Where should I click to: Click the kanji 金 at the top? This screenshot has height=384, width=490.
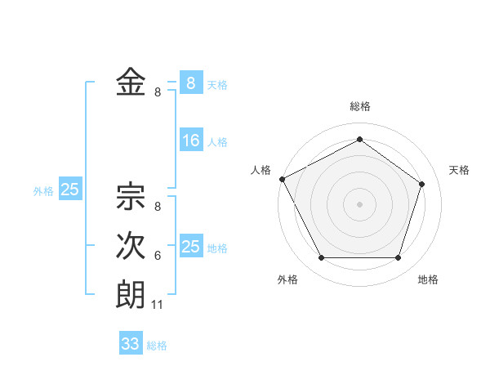coord(131,83)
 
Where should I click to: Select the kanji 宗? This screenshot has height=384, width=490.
coord(131,197)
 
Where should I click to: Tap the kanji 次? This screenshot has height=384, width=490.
coord(131,246)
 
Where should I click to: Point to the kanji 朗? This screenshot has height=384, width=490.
coord(131,294)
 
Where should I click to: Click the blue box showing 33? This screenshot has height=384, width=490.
coord(131,344)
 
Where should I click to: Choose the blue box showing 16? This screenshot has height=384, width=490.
coord(191,141)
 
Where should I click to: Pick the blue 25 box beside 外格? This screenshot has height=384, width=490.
coord(70,190)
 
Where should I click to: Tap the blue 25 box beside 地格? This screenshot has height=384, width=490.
coord(191,247)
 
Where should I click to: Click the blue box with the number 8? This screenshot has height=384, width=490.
coord(191,83)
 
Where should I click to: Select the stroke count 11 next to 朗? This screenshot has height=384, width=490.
coord(158,305)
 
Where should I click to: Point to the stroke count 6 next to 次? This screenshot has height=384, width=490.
coord(158,256)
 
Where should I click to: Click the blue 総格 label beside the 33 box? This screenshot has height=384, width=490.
coord(157,346)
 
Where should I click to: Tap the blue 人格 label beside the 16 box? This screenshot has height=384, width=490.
coord(217,142)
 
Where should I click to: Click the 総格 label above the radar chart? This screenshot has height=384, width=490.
coord(359,106)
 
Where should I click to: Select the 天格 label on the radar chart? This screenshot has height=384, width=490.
coord(460,170)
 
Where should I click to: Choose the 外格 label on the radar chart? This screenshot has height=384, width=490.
coord(287,279)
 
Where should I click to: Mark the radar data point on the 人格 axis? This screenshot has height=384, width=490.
coord(283,179)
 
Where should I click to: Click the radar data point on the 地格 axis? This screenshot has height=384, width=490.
coord(399,258)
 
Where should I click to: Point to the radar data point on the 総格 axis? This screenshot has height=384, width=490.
coord(359,139)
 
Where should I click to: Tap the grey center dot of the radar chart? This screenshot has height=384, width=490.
coord(359,203)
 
